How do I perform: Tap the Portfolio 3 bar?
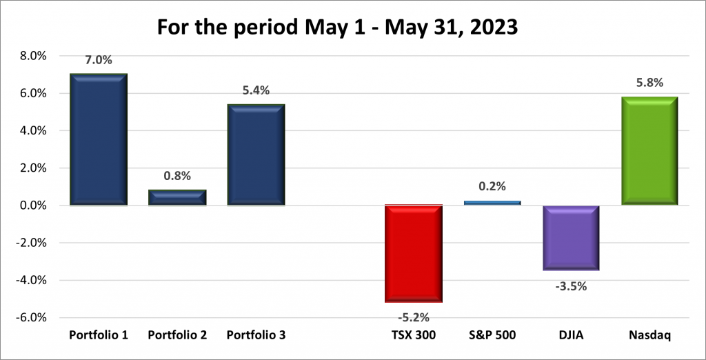[256, 155]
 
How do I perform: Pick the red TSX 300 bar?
[413, 253]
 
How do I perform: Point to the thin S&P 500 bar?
[492, 203]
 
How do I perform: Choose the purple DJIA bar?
[570, 237]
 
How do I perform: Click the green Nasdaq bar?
[649, 151]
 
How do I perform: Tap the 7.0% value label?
[99, 60]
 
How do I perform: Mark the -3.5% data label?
[570, 285]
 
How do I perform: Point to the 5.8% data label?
[649, 83]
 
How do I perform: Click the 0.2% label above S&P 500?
[492, 186]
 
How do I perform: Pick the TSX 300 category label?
[413, 335]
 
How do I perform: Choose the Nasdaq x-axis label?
[649, 335]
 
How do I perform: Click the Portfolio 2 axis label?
[177, 335]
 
